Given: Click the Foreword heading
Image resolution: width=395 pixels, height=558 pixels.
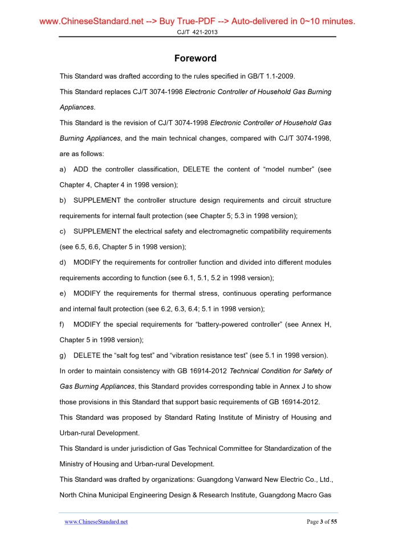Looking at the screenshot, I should (195, 58).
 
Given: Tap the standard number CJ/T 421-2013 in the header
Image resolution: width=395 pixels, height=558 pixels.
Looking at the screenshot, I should (197, 32).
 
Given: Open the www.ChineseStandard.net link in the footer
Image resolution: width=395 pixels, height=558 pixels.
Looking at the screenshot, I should (96, 522).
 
